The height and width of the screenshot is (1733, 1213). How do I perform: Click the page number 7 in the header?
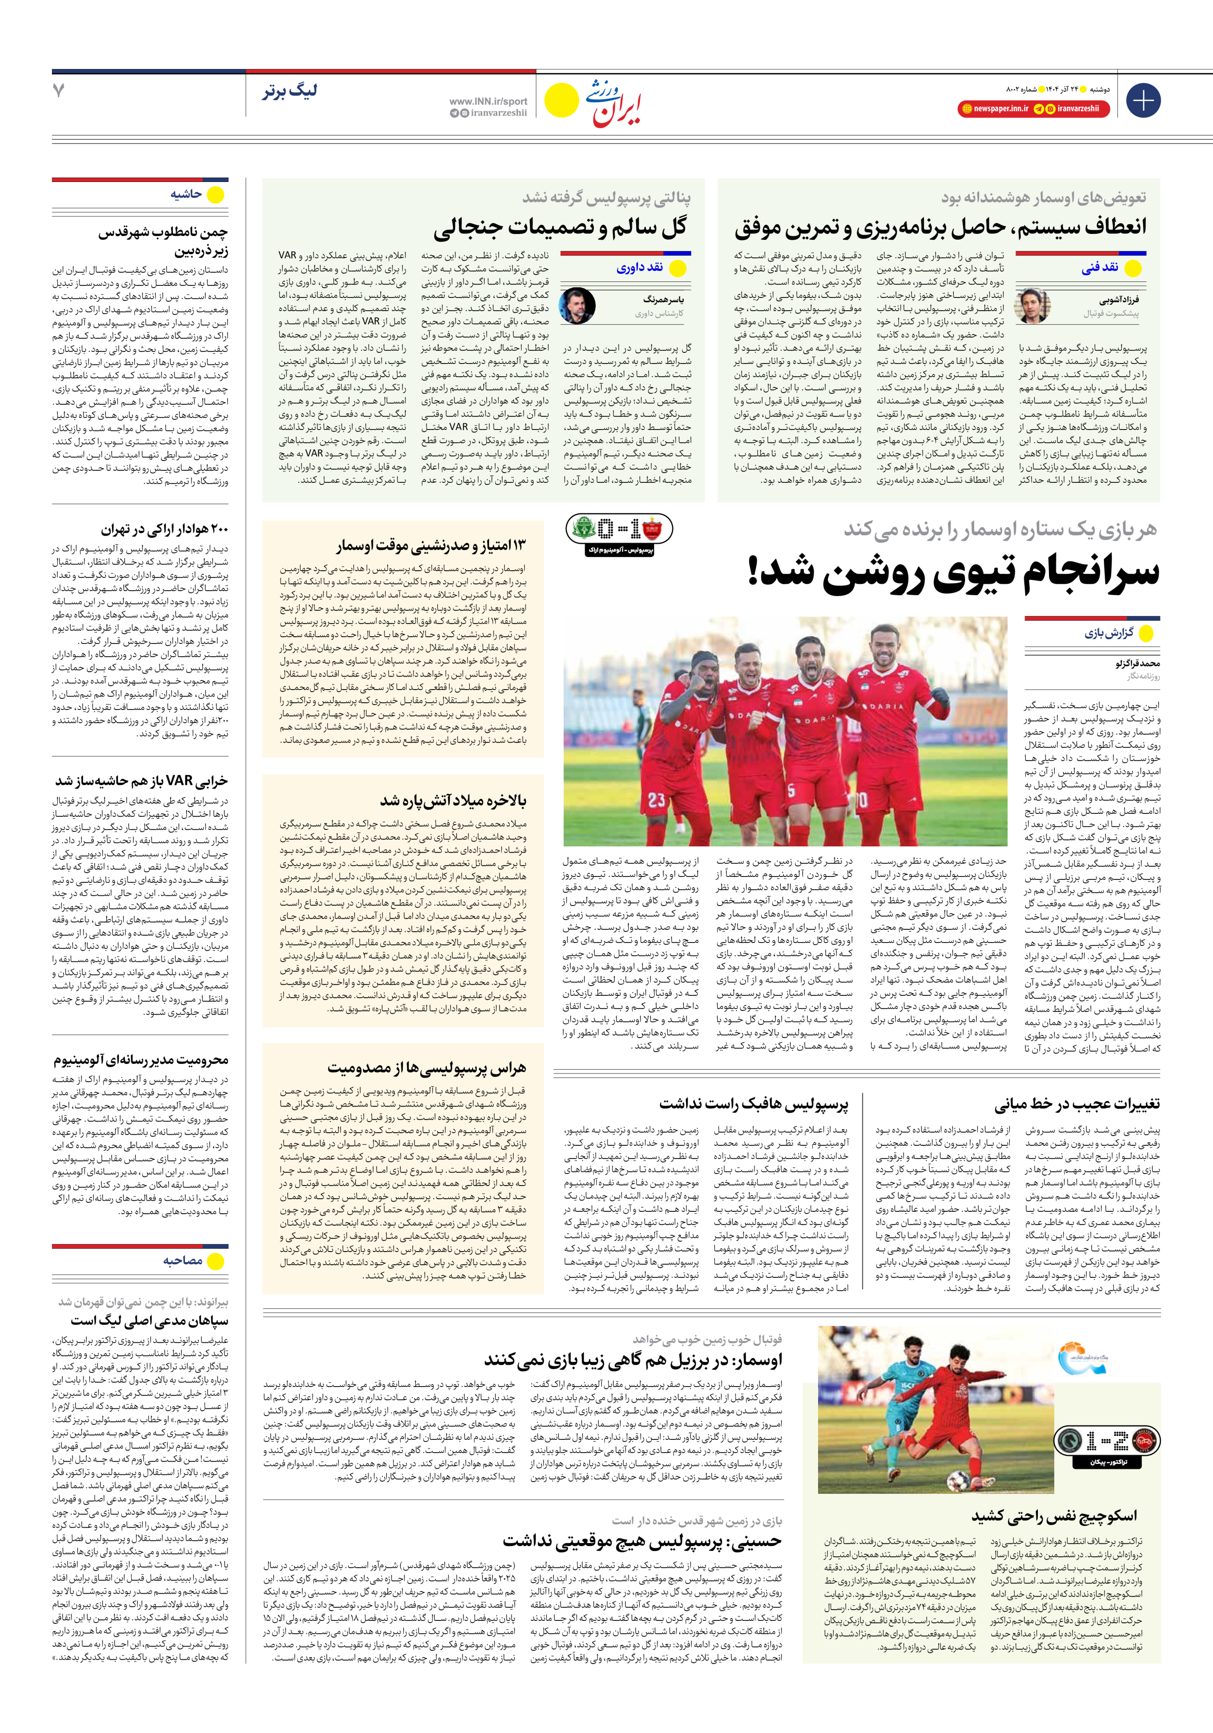[x=58, y=91]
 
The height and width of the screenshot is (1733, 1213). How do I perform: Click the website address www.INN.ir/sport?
[x=488, y=101]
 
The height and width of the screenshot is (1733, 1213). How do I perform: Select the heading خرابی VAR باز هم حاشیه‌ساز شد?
[x=141, y=780]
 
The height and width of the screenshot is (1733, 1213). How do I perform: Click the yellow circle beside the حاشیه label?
[x=216, y=195]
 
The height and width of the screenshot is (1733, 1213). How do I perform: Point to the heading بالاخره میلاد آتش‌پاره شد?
[x=453, y=800]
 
